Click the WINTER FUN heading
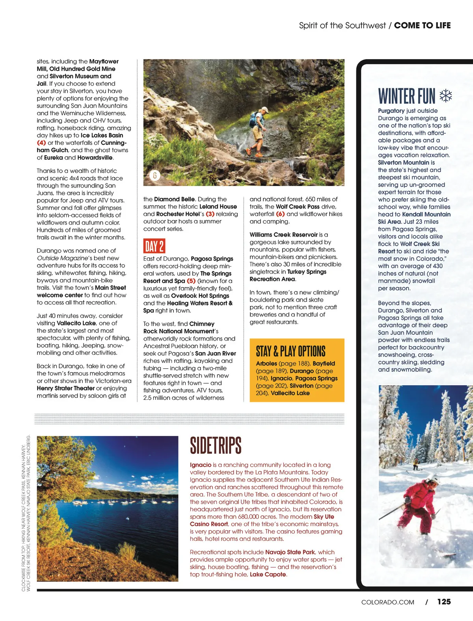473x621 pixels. (406, 97)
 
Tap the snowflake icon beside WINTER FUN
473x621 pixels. (446, 96)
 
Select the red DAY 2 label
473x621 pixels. (154, 246)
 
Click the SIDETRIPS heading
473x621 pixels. (216, 446)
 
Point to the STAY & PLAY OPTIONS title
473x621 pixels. (291, 351)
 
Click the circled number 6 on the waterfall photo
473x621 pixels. (155, 175)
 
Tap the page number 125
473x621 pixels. (444, 602)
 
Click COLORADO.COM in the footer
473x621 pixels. (387, 602)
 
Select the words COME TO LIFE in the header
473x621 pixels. (422, 26)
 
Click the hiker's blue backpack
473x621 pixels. (253, 119)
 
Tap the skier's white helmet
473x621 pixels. (433, 480)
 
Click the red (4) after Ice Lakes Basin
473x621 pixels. (41, 143)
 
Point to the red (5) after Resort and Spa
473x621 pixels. (191, 281)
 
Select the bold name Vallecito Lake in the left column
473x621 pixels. (76, 323)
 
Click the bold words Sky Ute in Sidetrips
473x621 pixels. (324, 517)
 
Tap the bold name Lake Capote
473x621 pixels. (268, 574)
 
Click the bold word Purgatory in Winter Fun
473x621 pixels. (391, 111)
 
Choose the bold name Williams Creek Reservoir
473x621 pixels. (283, 235)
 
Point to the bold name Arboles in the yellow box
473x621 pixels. (266, 364)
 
